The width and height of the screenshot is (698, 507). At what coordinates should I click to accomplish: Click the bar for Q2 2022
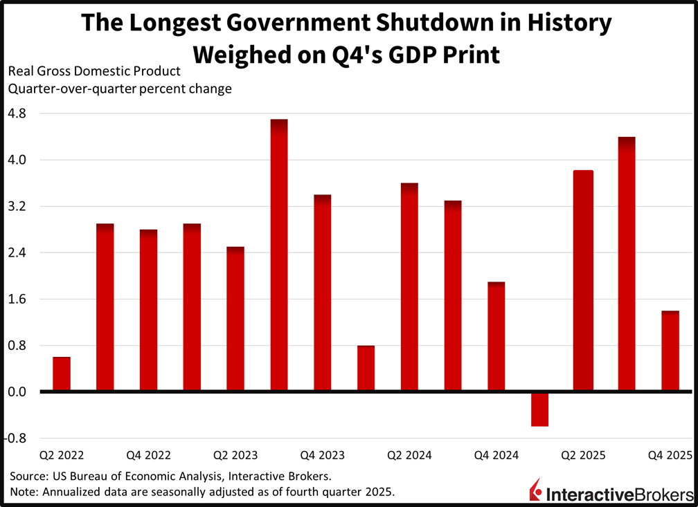pyautogui.click(x=62, y=374)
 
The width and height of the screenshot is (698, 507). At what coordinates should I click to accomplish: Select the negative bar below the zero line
pyautogui.click(x=540, y=409)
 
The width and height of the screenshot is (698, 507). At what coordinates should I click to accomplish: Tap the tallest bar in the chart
pyautogui.click(x=279, y=255)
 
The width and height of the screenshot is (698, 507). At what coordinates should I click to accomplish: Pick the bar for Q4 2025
pyautogui.click(x=670, y=351)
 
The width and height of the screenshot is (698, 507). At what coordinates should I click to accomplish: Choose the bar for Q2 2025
pyautogui.click(x=584, y=281)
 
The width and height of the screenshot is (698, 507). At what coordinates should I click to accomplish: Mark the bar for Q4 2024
pyautogui.click(x=496, y=337)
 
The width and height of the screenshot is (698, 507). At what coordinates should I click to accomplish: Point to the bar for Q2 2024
pyautogui.click(x=409, y=287)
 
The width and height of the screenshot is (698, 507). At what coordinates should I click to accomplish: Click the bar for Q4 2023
pyautogui.click(x=323, y=293)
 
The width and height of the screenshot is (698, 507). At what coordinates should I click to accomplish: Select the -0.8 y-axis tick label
pyautogui.click(x=17, y=439)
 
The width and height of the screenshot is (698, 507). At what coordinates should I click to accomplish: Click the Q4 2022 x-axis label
pyautogui.click(x=148, y=455)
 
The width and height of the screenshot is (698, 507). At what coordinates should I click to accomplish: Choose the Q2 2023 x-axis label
pyautogui.click(x=235, y=455)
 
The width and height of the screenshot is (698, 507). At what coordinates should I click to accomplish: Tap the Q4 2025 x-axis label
pyautogui.click(x=670, y=455)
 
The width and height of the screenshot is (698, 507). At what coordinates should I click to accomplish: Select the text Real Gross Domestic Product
pyautogui.click(x=94, y=71)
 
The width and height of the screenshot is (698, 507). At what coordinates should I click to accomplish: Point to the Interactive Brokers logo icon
pyautogui.click(x=535, y=490)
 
